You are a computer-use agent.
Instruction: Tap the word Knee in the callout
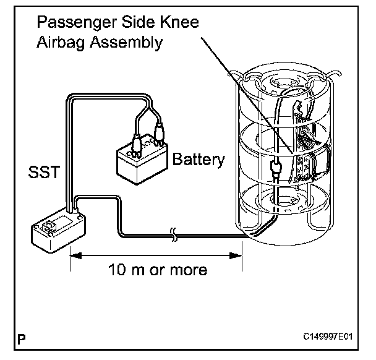(178, 24)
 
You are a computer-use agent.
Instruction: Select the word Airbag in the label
(58, 43)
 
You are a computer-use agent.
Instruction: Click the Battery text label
(199, 160)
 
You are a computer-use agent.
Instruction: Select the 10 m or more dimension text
(158, 270)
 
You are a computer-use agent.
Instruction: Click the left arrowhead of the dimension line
(74, 254)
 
